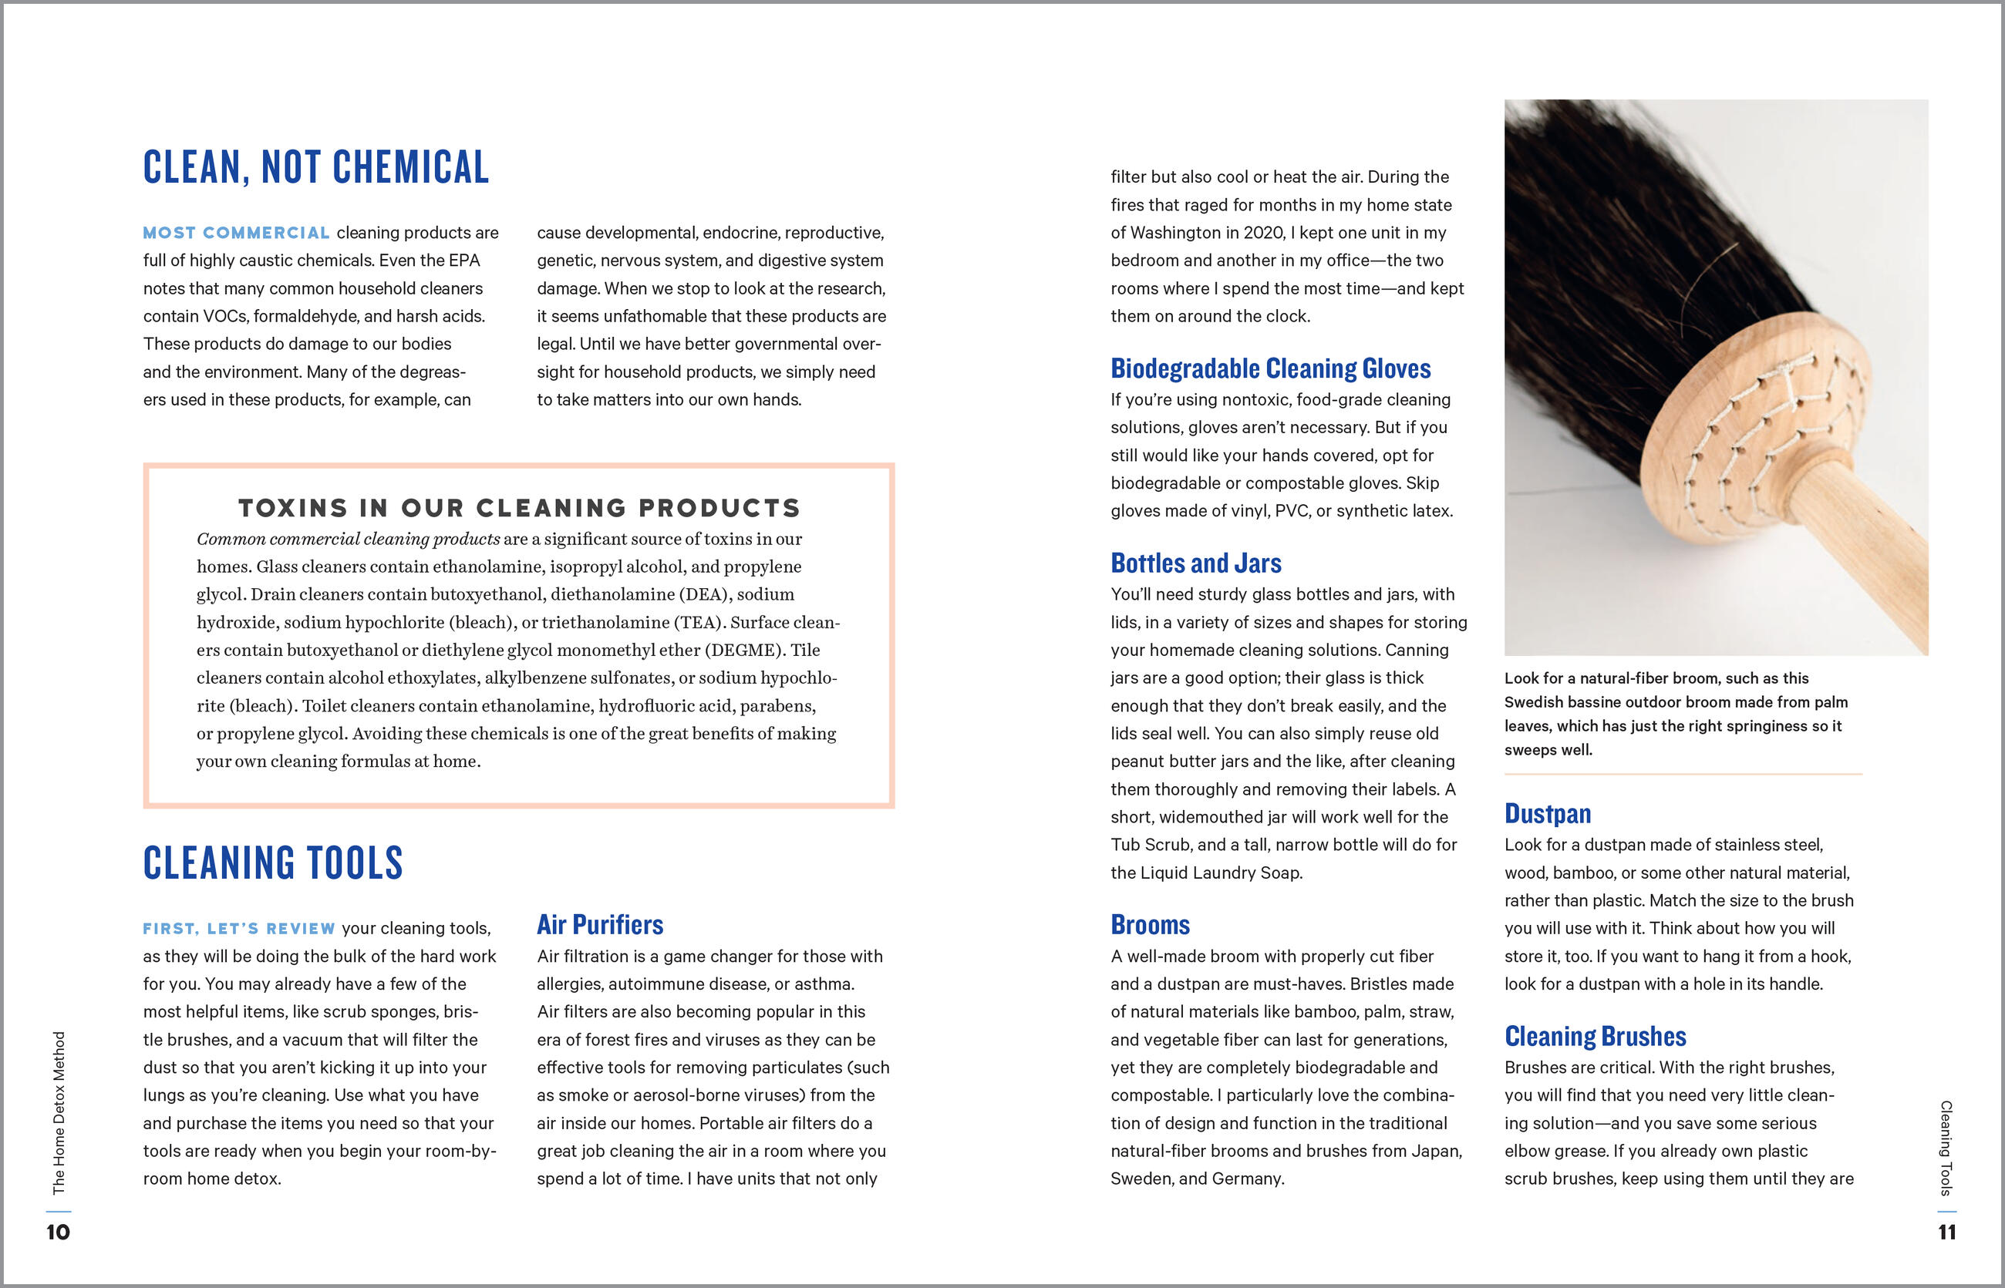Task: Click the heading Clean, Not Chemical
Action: (315, 167)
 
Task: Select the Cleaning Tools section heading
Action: (273, 863)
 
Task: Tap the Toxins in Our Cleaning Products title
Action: (519, 508)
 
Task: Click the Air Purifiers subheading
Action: (600, 925)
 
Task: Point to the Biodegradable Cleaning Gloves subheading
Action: (1270, 369)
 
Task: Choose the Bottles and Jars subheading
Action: (1196, 563)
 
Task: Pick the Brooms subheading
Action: (1150, 925)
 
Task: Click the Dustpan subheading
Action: (1547, 814)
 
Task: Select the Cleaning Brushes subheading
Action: (1595, 1037)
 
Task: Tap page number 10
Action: (58, 1232)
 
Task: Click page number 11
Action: (1946, 1232)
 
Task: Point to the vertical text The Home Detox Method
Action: (59, 1112)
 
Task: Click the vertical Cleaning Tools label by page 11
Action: (1946, 1148)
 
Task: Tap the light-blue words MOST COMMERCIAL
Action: (236, 233)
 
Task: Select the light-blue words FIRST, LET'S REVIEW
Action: (238, 928)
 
